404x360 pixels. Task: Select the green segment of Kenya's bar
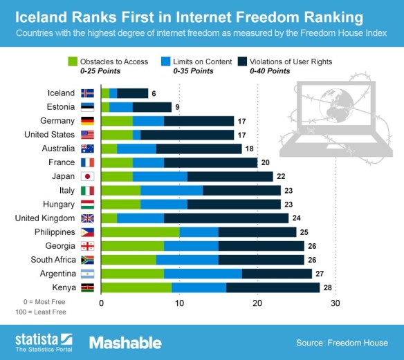[136, 287]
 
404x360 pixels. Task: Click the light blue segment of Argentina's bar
[203, 273]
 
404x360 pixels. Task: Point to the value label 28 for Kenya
[329, 287]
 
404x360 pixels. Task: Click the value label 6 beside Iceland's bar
[154, 93]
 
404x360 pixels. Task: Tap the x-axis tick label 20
[257, 303]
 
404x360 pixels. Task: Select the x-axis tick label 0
[102, 303]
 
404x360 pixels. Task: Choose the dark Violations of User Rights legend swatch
[243, 61]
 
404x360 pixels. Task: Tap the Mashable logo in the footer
[125, 342]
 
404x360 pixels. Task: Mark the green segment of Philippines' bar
[140, 231]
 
